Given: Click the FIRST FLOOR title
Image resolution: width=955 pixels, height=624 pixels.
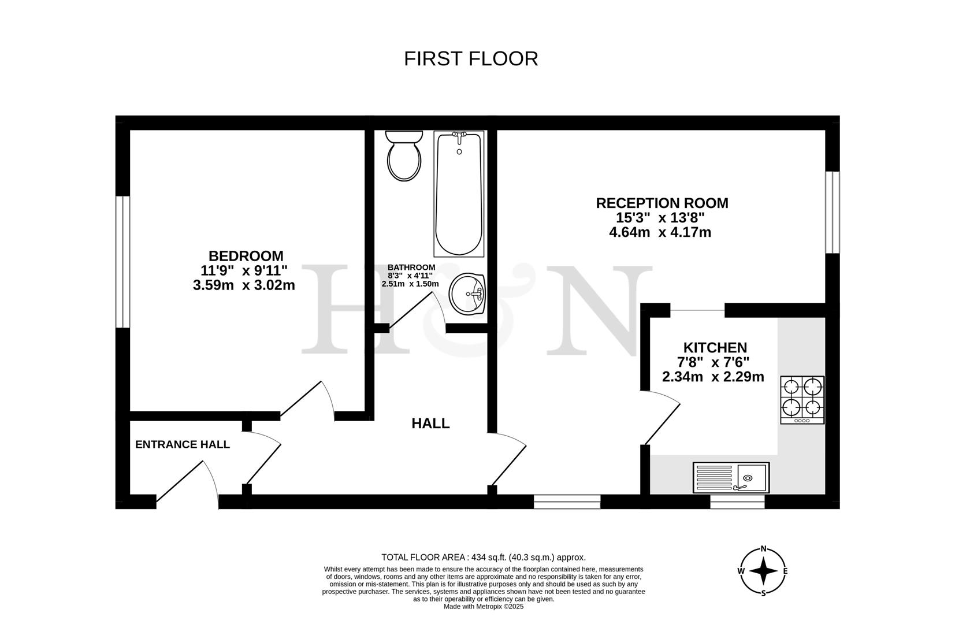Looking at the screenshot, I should pyautogui.click(x=471, y=59).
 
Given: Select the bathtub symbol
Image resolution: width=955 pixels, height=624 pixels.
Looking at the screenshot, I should pyautogui.click(x=459, y=194).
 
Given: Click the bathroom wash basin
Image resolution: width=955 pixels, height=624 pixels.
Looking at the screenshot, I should pyautogui.click(x=467, y=294).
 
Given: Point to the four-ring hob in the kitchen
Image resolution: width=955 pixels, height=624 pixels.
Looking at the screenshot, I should pyautogui.click(x=802, y=399).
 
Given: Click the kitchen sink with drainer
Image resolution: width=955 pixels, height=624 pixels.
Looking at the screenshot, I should pyautogui.click(x=731, y=477).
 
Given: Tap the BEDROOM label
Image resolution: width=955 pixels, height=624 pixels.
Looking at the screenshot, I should pyautogui.click(x=246, y=256).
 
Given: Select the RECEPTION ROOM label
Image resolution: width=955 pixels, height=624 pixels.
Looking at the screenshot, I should pyautogui.click(x=662, y=203).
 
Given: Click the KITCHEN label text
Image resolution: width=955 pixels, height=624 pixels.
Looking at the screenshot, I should pyautogui.click(x=715, y=348).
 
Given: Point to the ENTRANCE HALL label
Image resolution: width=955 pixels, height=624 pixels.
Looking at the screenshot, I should pyautogui.click(x=183, y=444).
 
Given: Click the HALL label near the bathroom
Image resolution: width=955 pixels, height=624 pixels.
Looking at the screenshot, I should pyautogui.click(x=430, y=424).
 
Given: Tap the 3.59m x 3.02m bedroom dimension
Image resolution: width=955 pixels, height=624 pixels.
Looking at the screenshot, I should pyautogui.click(x=244, y=285).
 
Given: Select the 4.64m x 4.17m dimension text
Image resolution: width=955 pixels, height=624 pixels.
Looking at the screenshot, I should pyautogui.click(x=660, y=232).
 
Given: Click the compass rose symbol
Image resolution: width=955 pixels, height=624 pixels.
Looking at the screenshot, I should pyautogui.click(x=763, y=571).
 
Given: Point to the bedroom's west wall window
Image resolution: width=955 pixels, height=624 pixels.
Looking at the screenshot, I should pyautogui.click(x=122, y=262).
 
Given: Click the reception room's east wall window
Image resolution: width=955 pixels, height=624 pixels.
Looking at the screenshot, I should pyautogui.click(x=832, y=212).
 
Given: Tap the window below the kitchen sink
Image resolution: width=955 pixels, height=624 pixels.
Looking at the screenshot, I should pyautogui.click(x=737, y=502).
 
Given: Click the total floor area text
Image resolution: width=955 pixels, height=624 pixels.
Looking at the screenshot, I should pyautogui.click(x=483, y=558).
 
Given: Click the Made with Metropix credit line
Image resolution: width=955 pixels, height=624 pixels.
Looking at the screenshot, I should pyautogui.click(x=483, y=607).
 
